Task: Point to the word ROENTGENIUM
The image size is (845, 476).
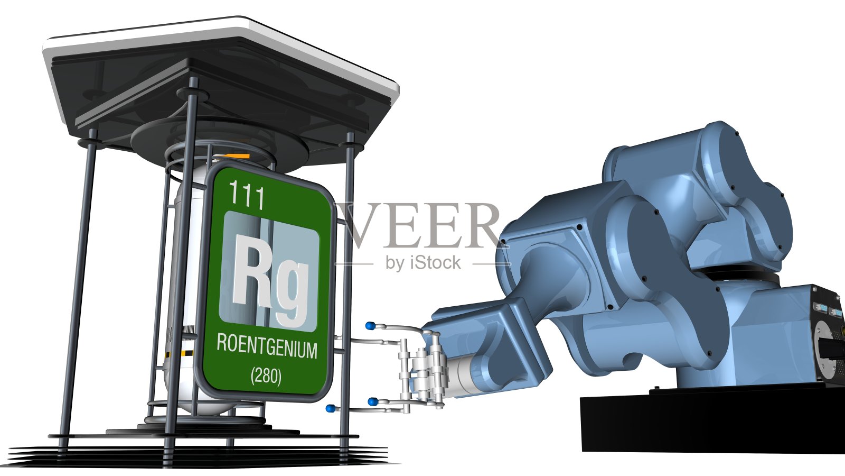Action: (x=267, y=347)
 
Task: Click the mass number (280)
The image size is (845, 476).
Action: (x=266, y=376)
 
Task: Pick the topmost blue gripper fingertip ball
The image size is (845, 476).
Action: (x=370, y=326)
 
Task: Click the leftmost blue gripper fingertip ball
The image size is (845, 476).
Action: (x=331, y=408)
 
